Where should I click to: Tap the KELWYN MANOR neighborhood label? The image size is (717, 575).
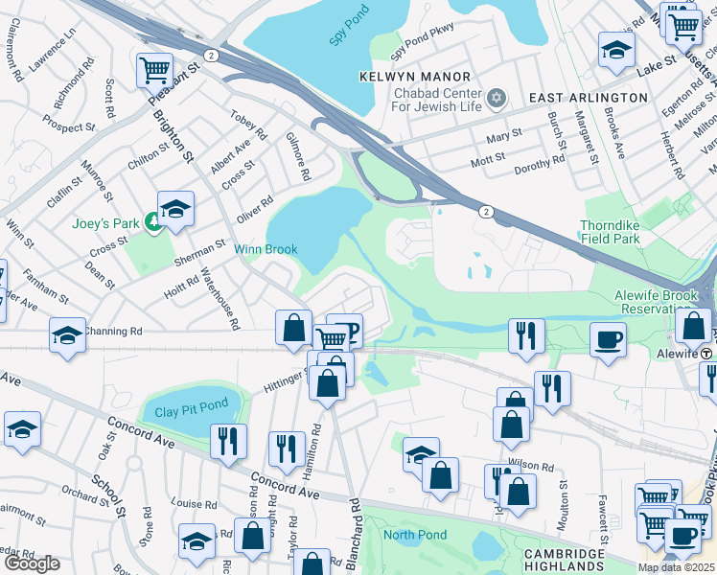[x=415, y=76]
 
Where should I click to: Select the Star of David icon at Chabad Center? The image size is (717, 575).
[x=497, y=97]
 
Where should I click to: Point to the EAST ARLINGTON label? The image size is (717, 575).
[x=588, y=98]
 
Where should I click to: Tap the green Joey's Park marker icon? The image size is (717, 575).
[x=153, y=223]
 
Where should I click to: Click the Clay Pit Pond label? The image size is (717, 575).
[x=192, y=413]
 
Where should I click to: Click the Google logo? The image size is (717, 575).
[x=32, y=564]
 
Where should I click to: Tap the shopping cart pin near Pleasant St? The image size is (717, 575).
[x=153, y=69]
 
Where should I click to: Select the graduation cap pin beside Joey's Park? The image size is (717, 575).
[x=175, y=209]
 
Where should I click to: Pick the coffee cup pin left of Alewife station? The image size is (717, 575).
[x=608, y=338]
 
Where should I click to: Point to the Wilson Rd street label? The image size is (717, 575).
[x=532, y=467]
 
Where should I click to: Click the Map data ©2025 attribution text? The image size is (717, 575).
[x=677, y=567]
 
